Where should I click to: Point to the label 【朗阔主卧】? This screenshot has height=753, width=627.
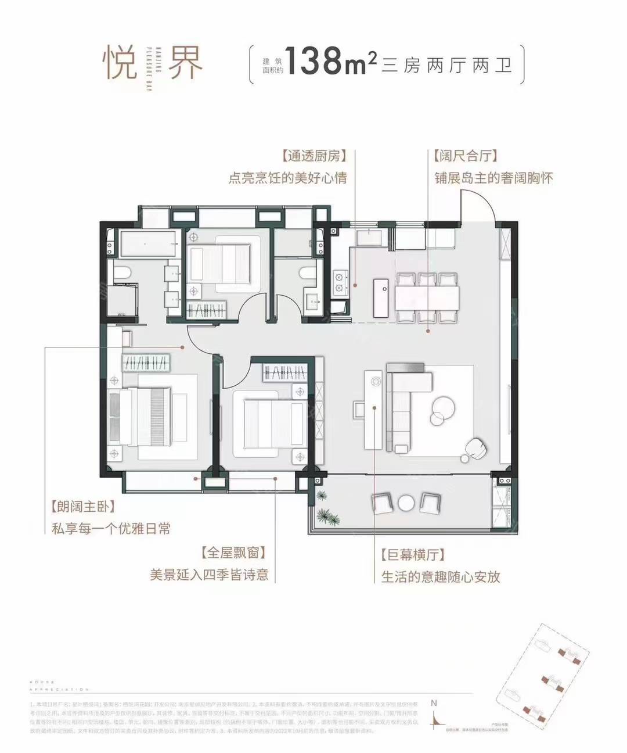(82, 507)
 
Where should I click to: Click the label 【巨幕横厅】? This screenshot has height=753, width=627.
(413, 555)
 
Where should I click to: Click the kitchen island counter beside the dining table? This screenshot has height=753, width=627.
(381, 296)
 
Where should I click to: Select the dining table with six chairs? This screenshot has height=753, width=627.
(428, 297)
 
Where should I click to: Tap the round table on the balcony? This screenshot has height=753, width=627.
(406, 502)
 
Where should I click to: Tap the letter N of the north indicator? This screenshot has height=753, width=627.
(434, 702)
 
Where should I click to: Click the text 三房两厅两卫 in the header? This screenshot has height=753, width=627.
(447, 65)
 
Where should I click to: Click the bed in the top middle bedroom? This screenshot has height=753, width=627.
(224, 267)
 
